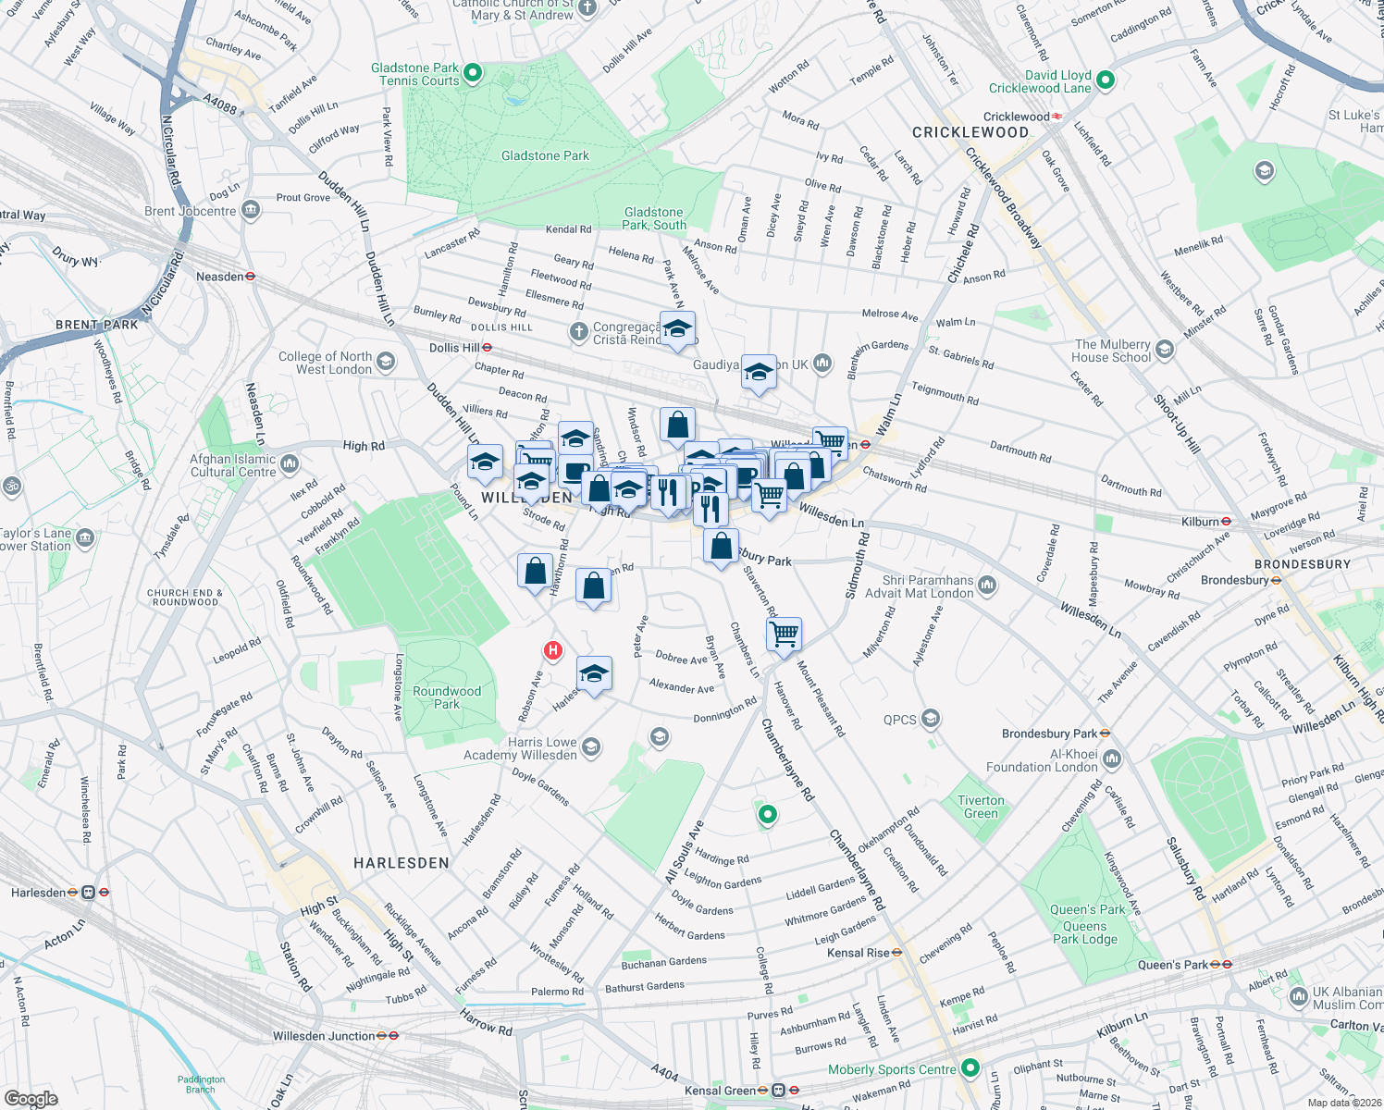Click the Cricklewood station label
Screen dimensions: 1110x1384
1016,117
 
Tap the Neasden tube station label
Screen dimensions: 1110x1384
220,277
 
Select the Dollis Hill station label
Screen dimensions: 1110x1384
454,348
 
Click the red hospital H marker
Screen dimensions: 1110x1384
553,650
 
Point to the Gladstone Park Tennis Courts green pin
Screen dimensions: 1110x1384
473,72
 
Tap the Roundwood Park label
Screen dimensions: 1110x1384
447,697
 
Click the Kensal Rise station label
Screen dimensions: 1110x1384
859,953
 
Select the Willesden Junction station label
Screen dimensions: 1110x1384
324,1036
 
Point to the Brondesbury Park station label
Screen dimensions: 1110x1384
1049,734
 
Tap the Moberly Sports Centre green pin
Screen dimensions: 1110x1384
970,1068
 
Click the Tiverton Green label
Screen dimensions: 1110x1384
981,807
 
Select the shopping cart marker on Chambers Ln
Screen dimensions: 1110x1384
784,635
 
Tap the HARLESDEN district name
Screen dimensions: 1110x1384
402,863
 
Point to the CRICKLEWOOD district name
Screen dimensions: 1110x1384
970,132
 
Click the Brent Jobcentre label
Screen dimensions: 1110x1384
191,211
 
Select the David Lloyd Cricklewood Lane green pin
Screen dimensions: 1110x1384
1105,80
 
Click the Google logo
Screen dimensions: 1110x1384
31,1098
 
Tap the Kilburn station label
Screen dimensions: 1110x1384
1200,522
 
